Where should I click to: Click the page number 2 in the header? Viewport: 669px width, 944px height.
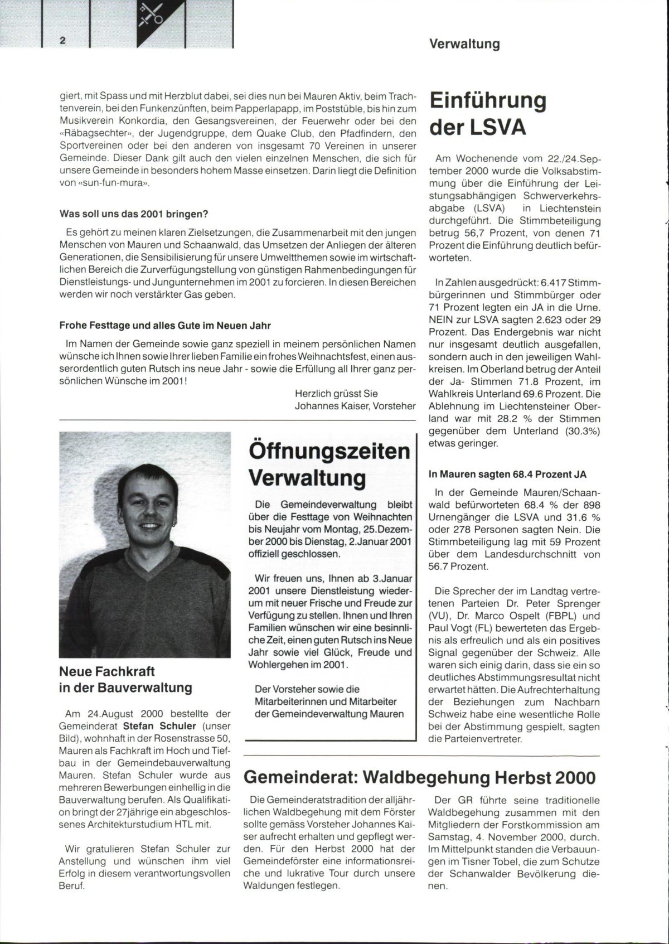(63, 40)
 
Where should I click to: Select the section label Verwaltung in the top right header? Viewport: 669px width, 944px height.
(464, 44)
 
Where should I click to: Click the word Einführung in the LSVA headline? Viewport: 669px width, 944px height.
(488, 100)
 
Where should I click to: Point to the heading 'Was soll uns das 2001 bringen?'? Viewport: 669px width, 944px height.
(134, 214)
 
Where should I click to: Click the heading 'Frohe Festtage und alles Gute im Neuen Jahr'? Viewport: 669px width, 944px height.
(165, 326)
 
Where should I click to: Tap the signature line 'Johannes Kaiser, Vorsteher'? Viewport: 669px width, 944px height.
(355, 406)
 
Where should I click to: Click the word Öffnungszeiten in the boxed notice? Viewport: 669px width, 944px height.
(329, 451)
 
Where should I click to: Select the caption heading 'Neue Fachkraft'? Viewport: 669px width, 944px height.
(107, 671)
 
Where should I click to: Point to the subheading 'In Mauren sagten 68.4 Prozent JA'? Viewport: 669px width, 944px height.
(507, 475)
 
